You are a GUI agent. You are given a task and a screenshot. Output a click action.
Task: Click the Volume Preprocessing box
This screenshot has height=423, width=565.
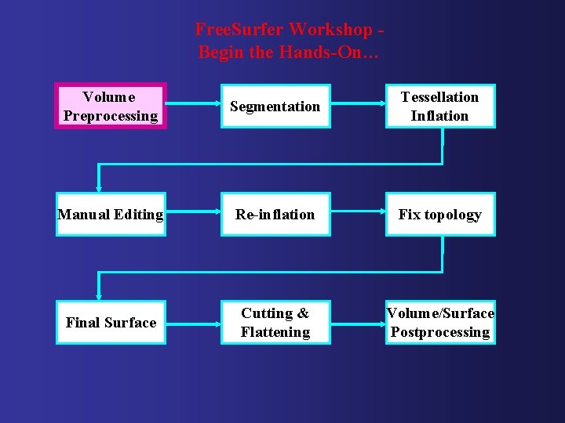(111, 106)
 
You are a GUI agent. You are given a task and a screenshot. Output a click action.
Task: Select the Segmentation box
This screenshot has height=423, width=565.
(275, 106)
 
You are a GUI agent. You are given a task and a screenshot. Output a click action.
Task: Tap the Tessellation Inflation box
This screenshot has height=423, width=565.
(440, 106)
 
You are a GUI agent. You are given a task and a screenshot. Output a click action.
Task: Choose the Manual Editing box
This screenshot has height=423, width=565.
(111, 214)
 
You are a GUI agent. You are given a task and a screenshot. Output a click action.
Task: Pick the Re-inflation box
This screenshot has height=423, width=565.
(275, 214)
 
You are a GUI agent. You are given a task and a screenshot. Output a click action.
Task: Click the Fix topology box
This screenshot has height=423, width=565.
(440, 214)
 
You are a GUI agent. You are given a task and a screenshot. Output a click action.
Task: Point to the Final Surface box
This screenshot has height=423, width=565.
(111, 322)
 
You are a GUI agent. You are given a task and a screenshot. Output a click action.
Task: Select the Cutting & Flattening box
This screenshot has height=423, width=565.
(275, 322)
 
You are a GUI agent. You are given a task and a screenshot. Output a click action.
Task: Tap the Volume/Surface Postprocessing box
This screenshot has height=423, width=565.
(440, 322)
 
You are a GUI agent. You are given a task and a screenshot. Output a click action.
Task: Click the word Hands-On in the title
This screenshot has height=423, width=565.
(341, 52)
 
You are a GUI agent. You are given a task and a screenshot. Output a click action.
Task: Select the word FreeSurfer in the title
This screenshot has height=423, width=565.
(239, 30)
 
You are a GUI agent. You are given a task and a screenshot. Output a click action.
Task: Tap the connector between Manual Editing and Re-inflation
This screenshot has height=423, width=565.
(193, 214)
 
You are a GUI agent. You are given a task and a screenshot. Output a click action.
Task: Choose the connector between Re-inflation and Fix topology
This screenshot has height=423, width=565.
(358, 214)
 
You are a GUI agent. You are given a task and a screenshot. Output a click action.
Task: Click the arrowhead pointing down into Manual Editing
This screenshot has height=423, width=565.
(98, 188)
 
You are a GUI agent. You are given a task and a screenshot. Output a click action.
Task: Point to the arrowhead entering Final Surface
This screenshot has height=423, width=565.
(98, 296)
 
